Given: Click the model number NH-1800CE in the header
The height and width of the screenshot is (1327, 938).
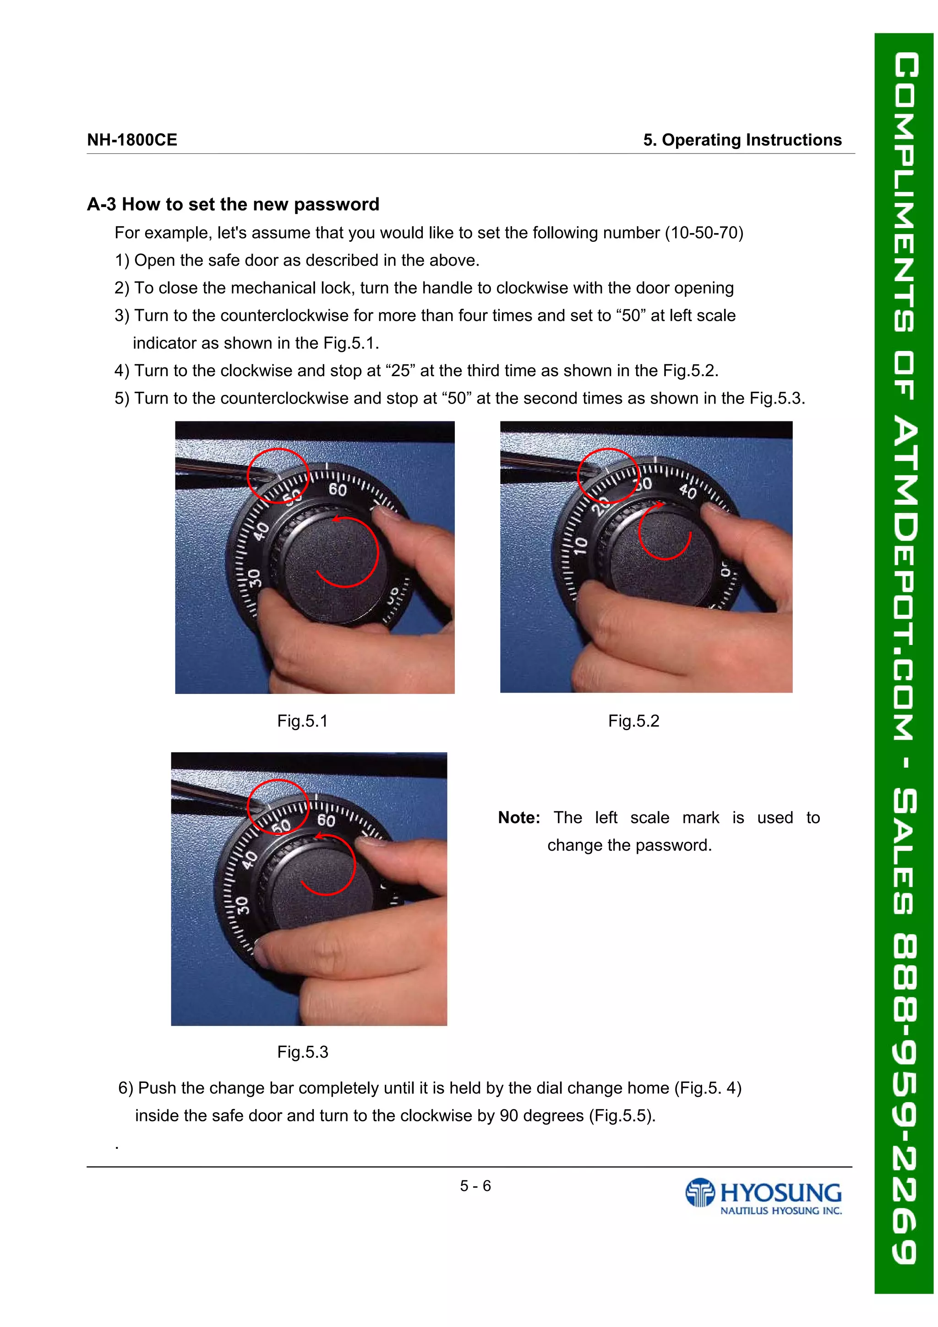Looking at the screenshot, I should (x=132, y=140).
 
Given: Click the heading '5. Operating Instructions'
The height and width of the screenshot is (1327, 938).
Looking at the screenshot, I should (x=742, y=140).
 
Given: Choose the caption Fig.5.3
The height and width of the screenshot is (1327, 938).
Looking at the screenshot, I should (x=302, y=1051).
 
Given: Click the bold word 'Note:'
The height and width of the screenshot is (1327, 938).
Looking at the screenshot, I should (x=519, y=817).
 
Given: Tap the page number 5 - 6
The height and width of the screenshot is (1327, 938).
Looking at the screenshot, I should (x=475, y=1185).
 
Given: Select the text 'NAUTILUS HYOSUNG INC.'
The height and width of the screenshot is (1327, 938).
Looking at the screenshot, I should (x=780, y=1210).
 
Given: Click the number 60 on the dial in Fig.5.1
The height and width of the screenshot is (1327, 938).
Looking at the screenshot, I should (x=338, y=490).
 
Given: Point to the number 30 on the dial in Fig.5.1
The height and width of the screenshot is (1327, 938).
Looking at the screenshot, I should (x=255, y=577).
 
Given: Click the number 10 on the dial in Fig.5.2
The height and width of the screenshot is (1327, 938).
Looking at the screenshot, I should (x=581, y=545).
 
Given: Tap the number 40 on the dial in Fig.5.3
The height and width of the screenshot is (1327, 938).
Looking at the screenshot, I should (x=249, y=860).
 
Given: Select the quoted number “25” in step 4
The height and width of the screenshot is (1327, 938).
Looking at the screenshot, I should (x=400, y=371).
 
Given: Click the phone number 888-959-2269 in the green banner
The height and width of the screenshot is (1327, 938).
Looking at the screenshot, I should (x=905, y=1098).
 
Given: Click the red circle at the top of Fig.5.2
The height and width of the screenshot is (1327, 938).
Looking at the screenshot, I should (x=608, y=475).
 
